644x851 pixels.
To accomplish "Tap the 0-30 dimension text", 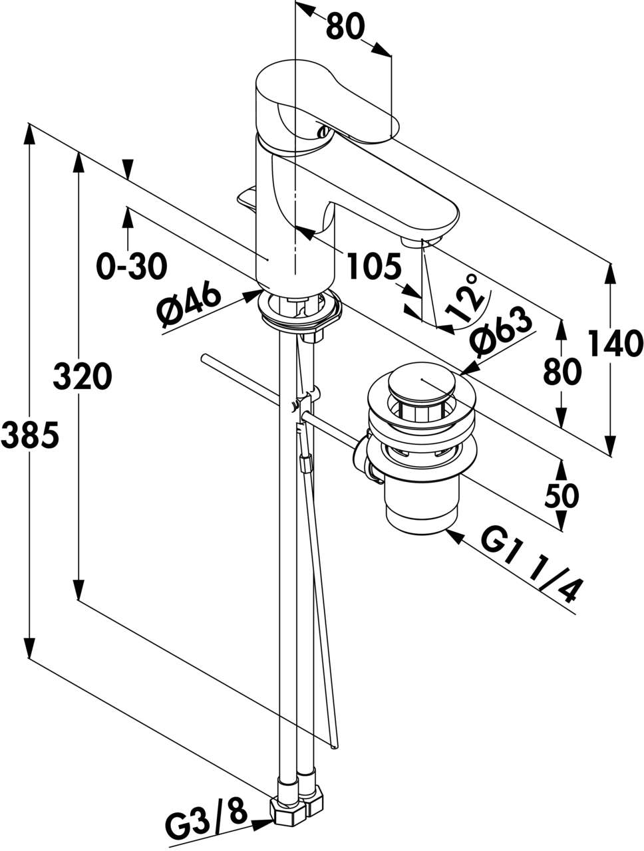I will pyautogui.click(x=131, y=267).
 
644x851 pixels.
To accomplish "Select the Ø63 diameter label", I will pyautogui.click(x=501, y=330).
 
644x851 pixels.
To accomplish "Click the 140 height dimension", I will pyautogui.click(x=615, y=344).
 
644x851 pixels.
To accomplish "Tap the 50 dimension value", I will pyautogui.click(x=562, y=495).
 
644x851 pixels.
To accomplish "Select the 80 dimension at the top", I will pyautogui.click(x=345, y=27).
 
